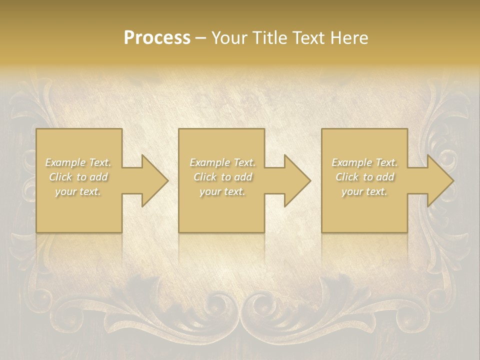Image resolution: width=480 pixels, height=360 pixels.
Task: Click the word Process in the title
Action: [157, 37]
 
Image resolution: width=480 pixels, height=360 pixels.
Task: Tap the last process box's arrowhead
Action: [439, 180]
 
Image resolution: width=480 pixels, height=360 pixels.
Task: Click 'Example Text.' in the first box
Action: [78, 162]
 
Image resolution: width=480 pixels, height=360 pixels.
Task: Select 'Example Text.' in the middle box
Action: [222, 162]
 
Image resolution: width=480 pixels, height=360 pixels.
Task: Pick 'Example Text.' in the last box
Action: [364, 162]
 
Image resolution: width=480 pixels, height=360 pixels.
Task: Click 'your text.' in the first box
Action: [78, 191]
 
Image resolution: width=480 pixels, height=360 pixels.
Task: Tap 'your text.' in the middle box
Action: [222, 191]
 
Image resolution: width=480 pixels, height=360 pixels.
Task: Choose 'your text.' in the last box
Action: [364, 191]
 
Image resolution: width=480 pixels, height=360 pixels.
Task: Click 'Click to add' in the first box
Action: [78, 177]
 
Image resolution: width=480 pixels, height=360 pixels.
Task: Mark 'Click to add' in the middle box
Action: [222, 177]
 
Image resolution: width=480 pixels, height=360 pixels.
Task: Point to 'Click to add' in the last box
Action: [364, 177]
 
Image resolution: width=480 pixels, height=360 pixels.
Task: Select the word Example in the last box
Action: [352, 162]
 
